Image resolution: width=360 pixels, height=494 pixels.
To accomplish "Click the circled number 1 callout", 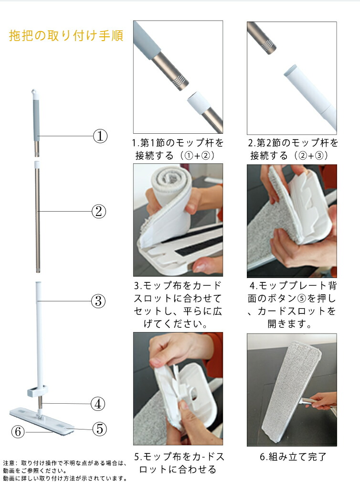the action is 100,136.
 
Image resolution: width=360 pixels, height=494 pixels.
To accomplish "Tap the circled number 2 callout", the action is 98,211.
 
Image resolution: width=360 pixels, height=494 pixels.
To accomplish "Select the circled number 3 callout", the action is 98,301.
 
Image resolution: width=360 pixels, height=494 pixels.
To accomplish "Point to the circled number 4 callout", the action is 98,404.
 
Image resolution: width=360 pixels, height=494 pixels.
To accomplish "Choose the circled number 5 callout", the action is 99,429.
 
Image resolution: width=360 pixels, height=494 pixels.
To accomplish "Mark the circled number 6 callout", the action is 18,431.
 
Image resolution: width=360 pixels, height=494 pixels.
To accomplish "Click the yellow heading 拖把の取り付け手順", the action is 66,36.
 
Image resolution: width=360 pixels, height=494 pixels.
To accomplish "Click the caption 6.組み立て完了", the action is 293,457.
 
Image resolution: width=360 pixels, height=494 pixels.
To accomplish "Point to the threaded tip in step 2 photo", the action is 269,46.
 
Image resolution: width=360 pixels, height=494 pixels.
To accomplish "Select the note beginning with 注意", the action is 65,471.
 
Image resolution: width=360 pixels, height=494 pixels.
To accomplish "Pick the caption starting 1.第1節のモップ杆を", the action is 178,149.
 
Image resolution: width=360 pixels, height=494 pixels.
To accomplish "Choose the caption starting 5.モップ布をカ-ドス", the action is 179,463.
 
